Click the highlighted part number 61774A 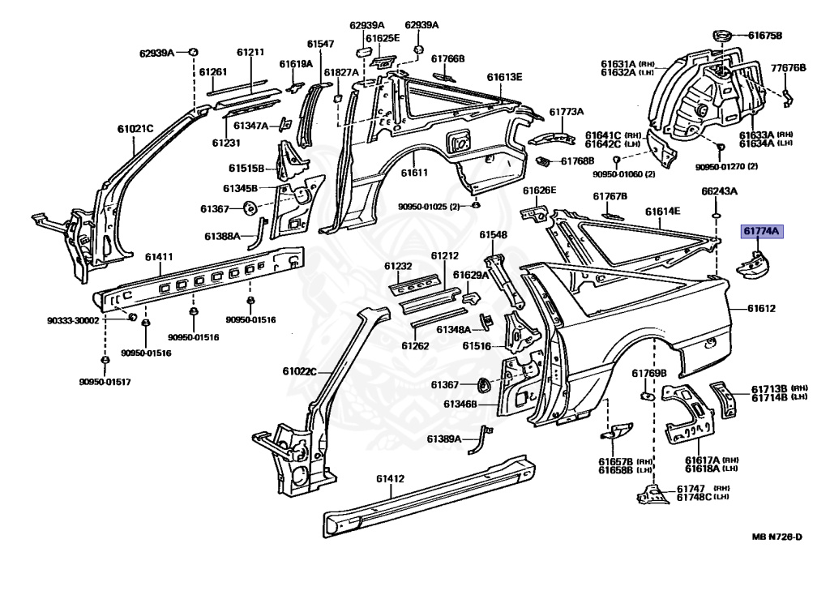(761, 232)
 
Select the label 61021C (135, 128)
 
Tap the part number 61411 (159, 257)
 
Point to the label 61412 (389, 478)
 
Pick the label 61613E (504, 78)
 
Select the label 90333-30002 (73, 320)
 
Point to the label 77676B (788, 68)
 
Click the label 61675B (765, 36)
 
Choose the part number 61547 (320, 44)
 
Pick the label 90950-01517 (105, 382)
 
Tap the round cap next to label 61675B (721, 35)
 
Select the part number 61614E (662, 211)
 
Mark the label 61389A (444, 439)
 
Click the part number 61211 (250, 53)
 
